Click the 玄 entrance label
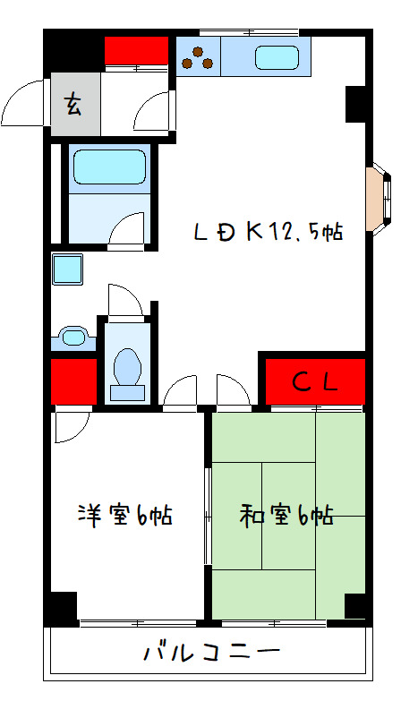pyautogui.click(x=73, y=105)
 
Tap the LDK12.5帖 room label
pyautogui.click(x=269, y=232)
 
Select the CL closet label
pyautogui.click(x=315, y=382)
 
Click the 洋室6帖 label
pyautogui.click(x=125, y=516)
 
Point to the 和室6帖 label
pyautogui.click(x=286, y=516)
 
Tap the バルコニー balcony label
pyautogui.click(x=211, y=652)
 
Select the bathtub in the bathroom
pyautogui.click(x=108, y=167)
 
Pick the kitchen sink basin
pyautogui.click(x=277, y=57)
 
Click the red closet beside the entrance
pyautogui.click(x=136, y=51)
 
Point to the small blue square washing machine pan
pyautogui.click(x=67, y=268)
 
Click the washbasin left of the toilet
pyautogui.click(x=71, y=337)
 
